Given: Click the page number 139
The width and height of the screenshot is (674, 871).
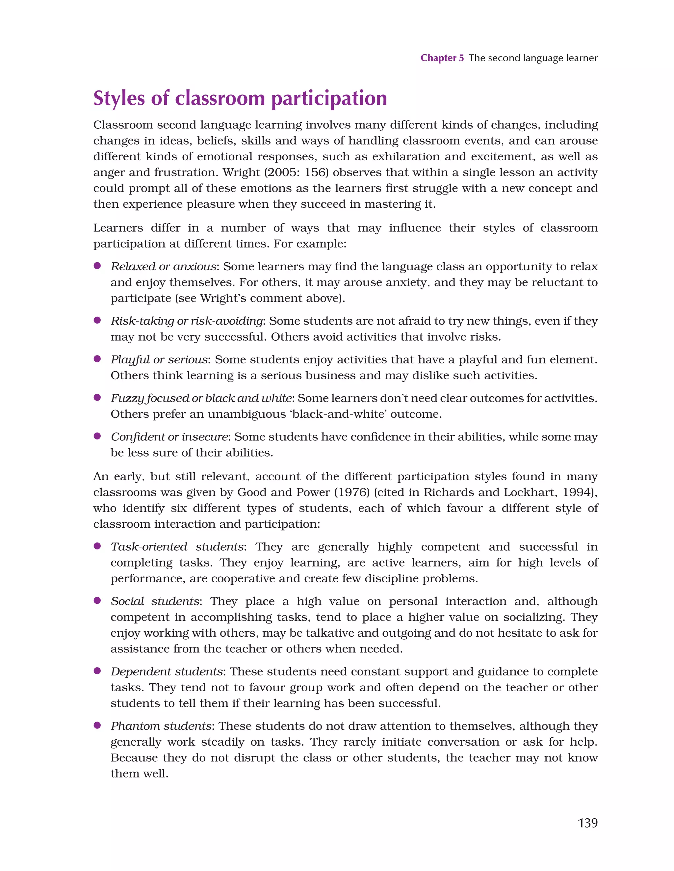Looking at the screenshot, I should [587, 823].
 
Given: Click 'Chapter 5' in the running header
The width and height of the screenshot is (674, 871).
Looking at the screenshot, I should [442, 58].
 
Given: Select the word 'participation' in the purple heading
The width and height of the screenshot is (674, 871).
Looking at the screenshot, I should [329, 98].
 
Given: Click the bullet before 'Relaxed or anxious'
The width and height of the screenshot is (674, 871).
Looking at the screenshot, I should [97, 266].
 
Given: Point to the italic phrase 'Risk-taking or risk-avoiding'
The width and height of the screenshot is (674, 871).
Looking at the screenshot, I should [187, 321].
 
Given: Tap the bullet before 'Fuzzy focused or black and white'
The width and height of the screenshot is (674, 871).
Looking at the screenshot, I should [97, 398].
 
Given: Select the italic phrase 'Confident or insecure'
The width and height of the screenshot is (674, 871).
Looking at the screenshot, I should [169, 437].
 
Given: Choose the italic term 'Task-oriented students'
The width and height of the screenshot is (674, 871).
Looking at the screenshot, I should [177, 547].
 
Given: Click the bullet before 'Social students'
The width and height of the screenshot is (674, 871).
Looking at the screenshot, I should [97, 601].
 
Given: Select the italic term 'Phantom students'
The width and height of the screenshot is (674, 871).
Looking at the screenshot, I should [161, 726].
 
